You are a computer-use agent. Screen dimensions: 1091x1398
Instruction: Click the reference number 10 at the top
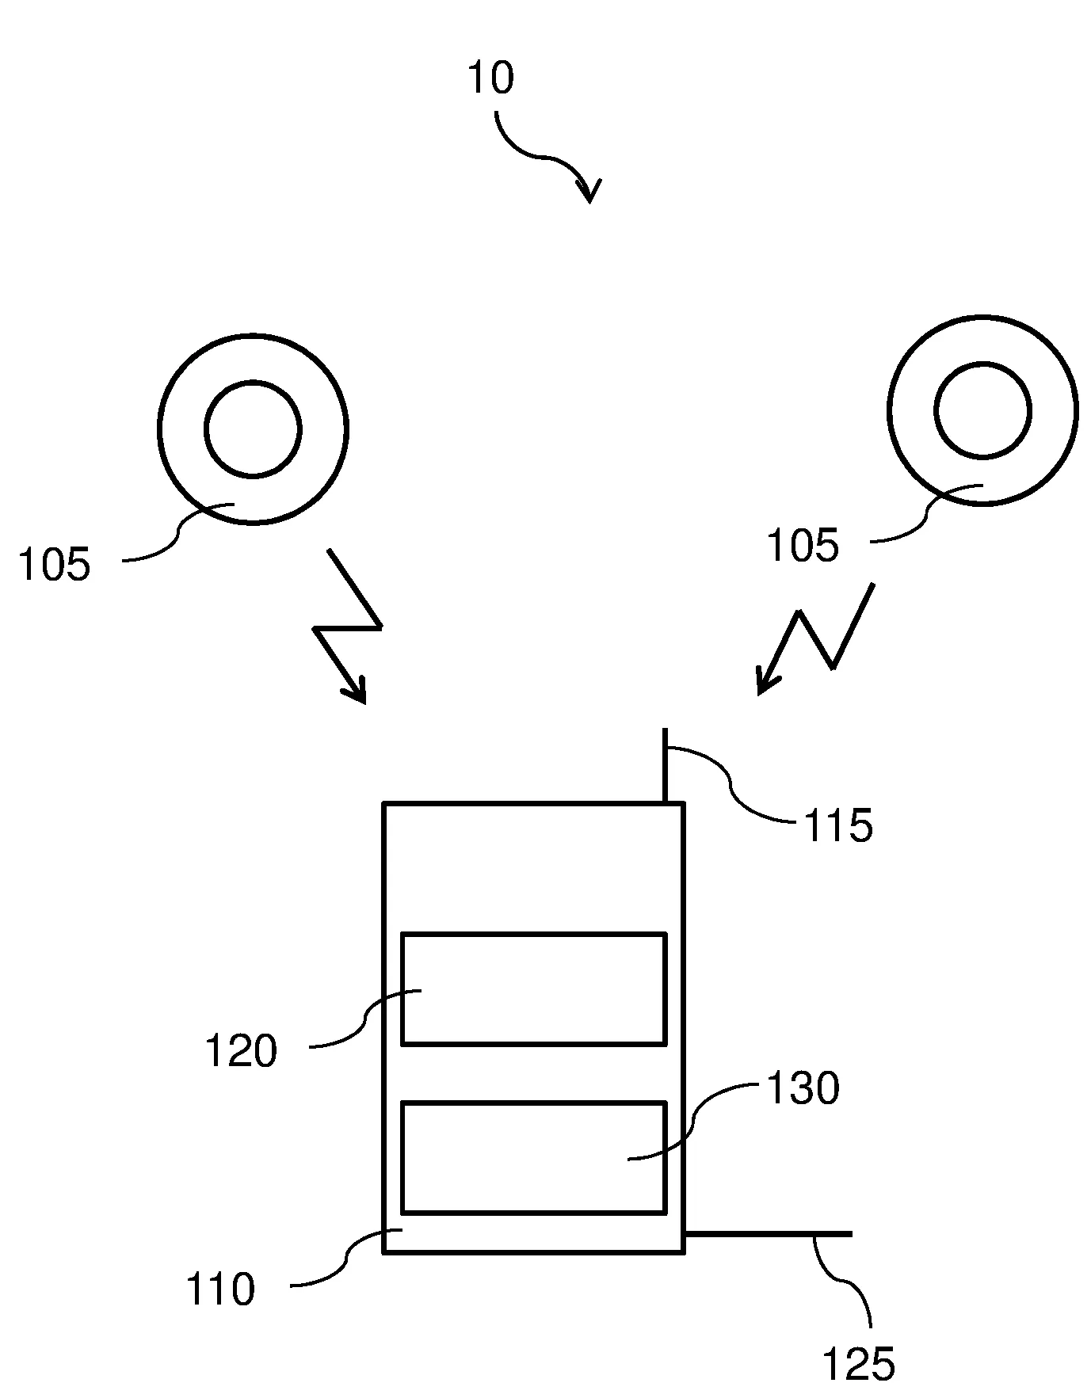pyautogui.click(x=491, y=78)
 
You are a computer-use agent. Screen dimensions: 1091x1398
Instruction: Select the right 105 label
pyautogui.click(x=803, y=546)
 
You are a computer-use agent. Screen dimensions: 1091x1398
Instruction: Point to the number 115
pyautogui.click(x=838, y=826)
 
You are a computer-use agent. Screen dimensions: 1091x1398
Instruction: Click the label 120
pyautogui.click(x=242, y=1051)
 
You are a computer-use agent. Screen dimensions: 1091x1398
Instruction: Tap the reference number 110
pyautogui.click(x=221, y=1289)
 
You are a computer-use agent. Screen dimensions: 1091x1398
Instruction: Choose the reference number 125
pyautogui.click(x=859, y=1365)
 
